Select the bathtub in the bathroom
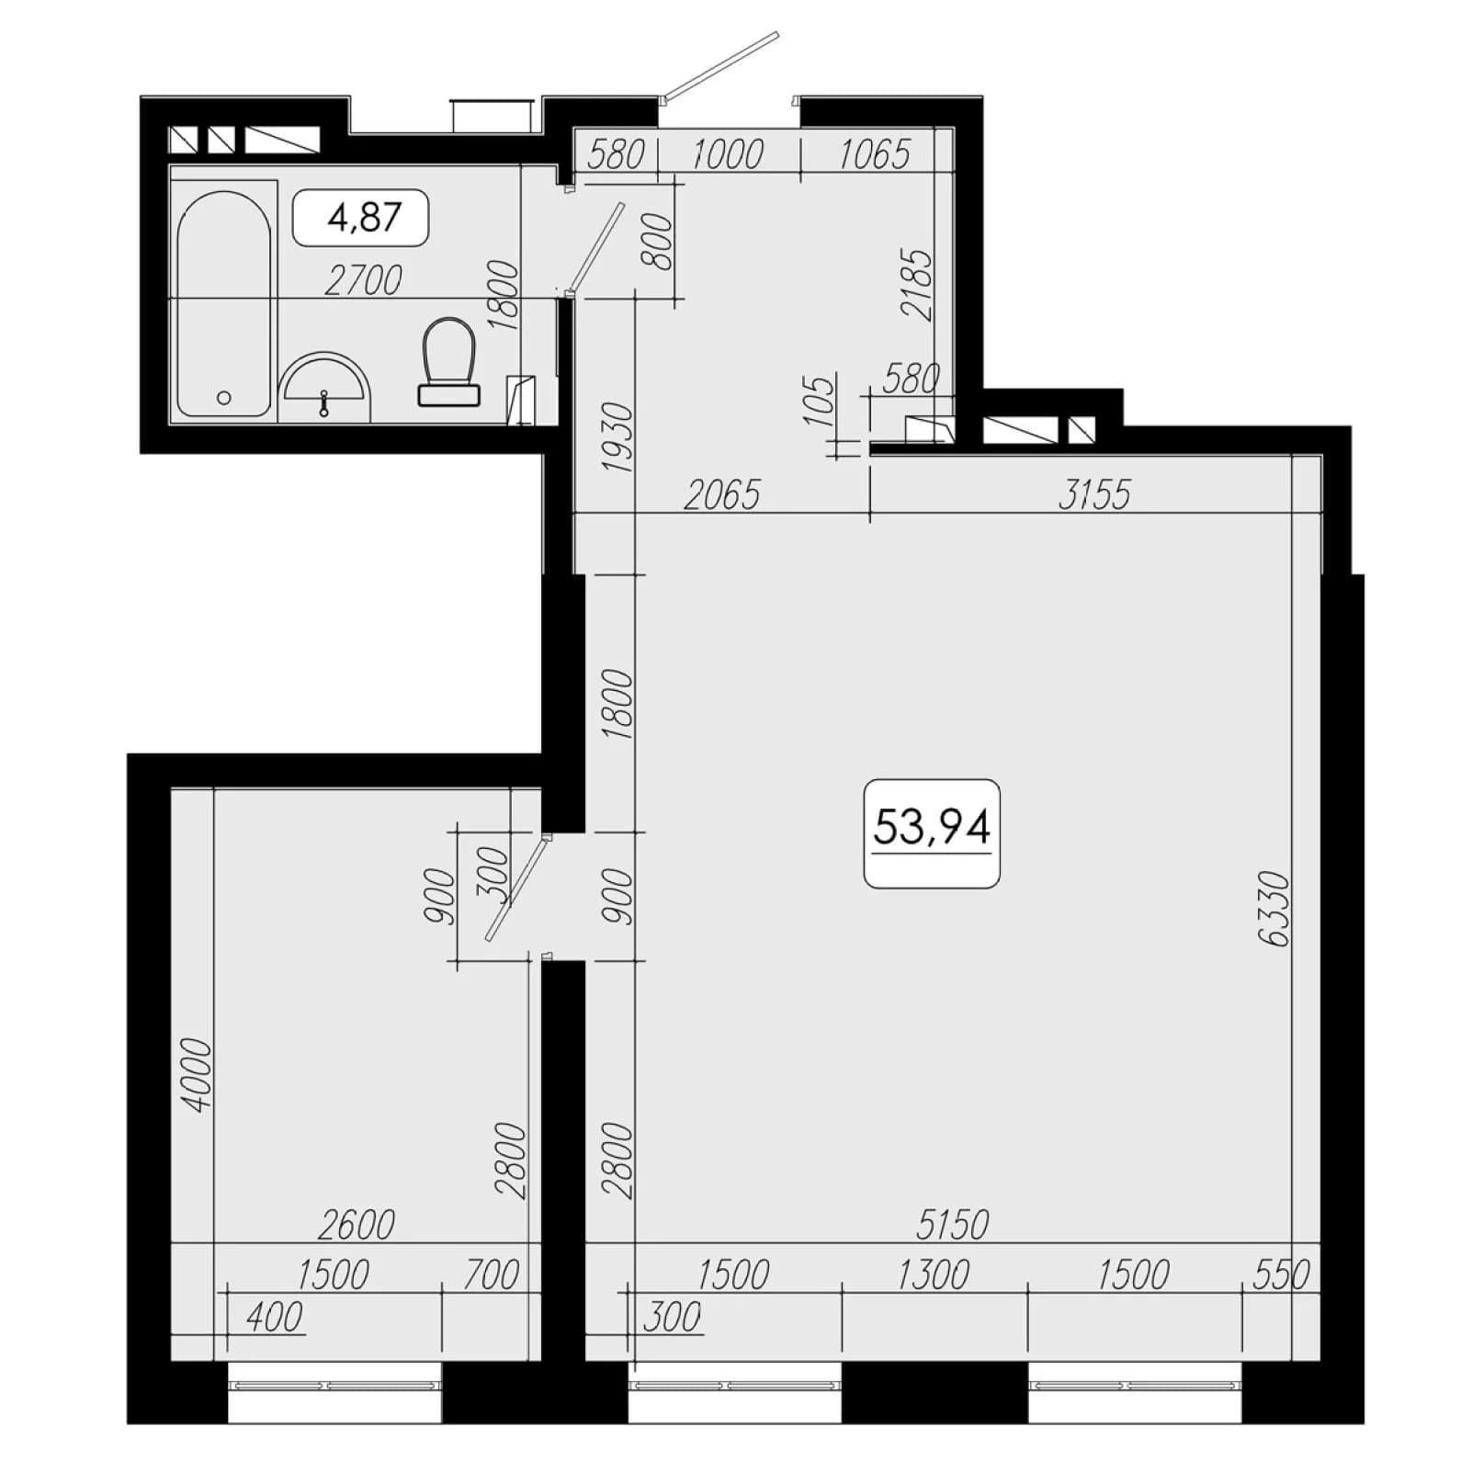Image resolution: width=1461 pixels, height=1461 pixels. (x=224, y=303)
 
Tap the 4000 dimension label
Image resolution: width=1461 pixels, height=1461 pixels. (x=198, y=1074)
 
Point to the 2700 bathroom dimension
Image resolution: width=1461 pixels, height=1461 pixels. (x=364, y=280)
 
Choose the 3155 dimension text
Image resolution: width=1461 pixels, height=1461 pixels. (x=1093, y=494)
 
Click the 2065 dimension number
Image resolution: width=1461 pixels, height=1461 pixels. (x=723, y=495)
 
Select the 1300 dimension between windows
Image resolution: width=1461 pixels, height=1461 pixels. (x=933, y=1274)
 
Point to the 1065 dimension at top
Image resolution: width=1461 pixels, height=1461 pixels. (x=874, y=153)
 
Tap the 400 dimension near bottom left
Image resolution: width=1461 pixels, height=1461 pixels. (x=275, y=1317)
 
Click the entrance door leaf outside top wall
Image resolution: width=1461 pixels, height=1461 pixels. (x=722, y=64)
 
